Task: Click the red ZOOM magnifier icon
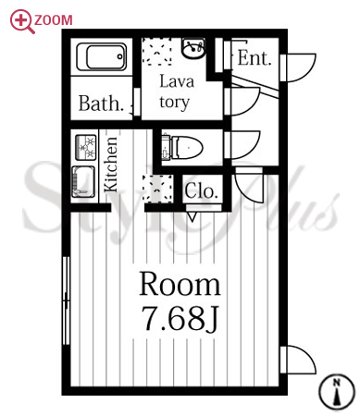(20, 20)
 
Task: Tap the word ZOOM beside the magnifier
(54, 20)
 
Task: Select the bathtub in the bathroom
(102, 56)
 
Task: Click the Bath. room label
(101, 104)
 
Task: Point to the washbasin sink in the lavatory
(193, 48)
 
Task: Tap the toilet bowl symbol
(182, 148)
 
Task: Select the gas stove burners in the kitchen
(86, 147)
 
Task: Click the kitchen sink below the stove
(83, 181)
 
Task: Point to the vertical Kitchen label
(110, 165)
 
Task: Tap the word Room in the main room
(180, 285)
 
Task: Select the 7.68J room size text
(180, 318)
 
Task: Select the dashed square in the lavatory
(156, 51)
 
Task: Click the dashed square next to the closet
(157, 189)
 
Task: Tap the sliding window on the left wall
(66, 300)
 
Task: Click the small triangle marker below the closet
(192, 216)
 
